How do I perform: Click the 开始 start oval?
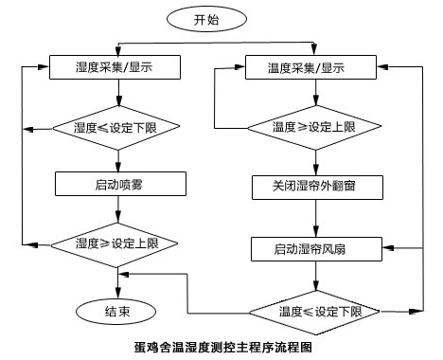click(210, 19)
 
